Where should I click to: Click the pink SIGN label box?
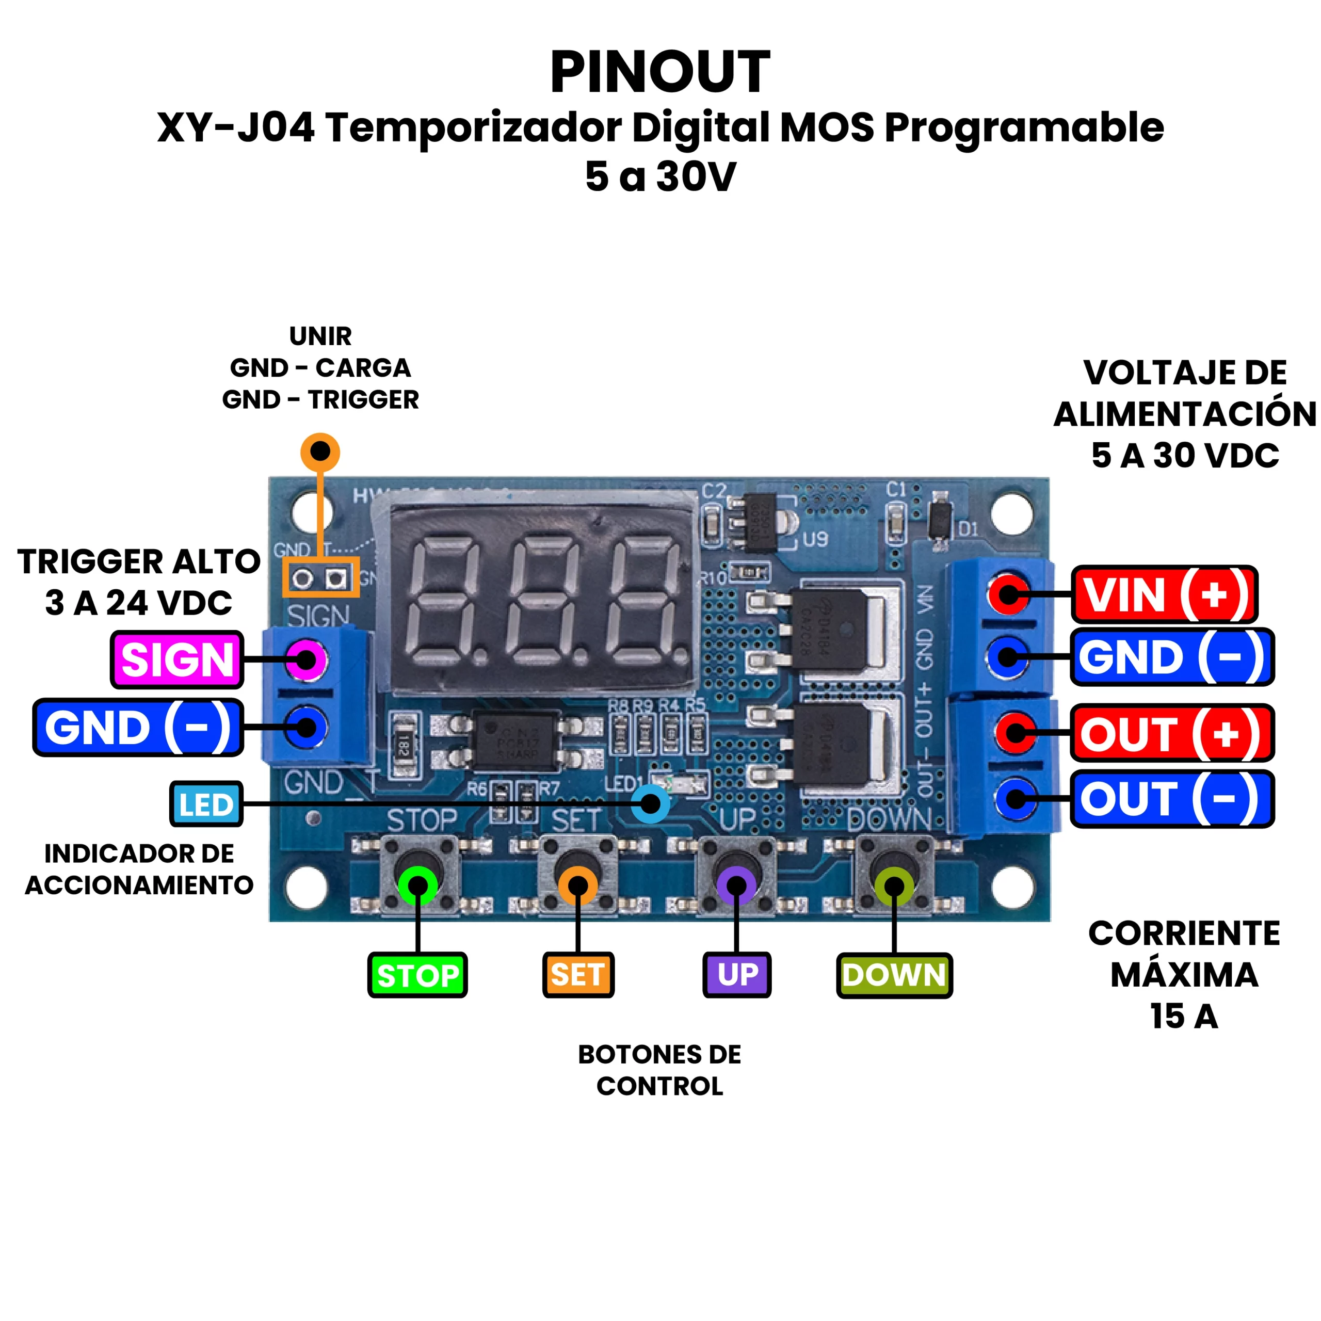[x=177, y=660]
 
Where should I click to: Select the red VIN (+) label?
[x=1165, y=594]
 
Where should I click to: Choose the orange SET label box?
[x=578, y=974]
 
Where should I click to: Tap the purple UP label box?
[x=737, y=974]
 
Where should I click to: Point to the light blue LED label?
[x=206, y=804]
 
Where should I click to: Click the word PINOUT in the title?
[x=660, y=72]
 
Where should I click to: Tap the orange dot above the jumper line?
[x=320, y=452]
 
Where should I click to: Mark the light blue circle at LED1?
[x=650, y=803]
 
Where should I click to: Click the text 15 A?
[x=1184, y=1016]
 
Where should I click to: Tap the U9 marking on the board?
[x=815, y=539]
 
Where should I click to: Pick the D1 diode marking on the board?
[x=968, y=528]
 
